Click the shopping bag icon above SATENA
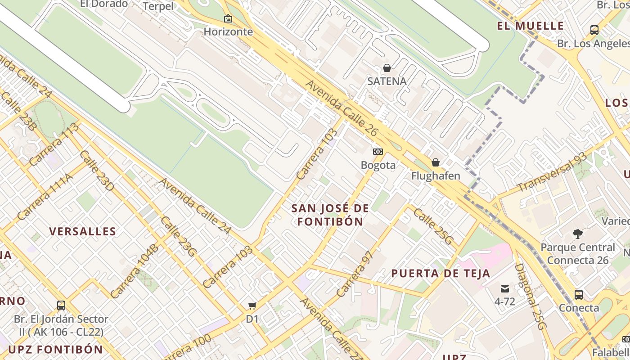pyautogui.click(x=387, y=68)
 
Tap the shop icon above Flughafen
pyautogui.click(x=435, y=162)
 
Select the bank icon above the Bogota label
pyautogui.click(x=378, y=152)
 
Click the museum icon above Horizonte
pyautogui.click(x=228, y=19)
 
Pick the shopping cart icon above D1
pyautogui.click(x=252, y=306)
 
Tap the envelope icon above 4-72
pyautogui.click(x=504, y=288)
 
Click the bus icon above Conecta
pyautogui.click(x=579, y=295)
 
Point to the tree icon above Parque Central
pyautogui.click(x=578, y=234)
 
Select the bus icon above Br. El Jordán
pyautogui.click(x=61, y=306)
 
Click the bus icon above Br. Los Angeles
pyautogui.click(x=594, y=30)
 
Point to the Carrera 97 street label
pyautogui.click(x=355, y=273)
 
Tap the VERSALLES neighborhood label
pyautogui.click(x=82, y=232)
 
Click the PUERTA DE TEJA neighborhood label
pyautogui.click(x=441, y=273)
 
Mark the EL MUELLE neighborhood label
pyautogui.click(x=531, y=26)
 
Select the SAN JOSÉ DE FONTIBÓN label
pyautogui.click(x=330, y=215)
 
